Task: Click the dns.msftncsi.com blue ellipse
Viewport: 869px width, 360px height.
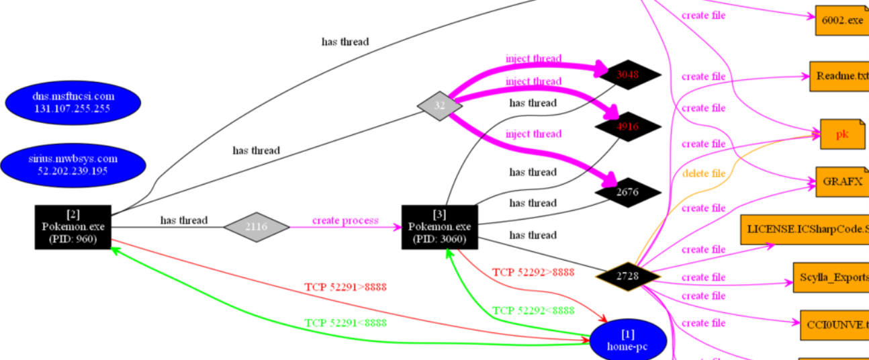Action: coord(73,102)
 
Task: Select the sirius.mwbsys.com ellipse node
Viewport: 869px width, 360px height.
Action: coord(73,165)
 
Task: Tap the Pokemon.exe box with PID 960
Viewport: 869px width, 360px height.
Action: coord(73,227)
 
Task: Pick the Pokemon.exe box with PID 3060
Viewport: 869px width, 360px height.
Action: coord(440,227)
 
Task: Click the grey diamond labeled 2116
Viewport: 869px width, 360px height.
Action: coord(256,227)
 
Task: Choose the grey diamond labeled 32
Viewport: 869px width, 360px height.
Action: coord(440,105)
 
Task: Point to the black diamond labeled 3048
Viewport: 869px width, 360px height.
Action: coord(627,75)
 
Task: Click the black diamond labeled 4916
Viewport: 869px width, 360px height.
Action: coord(627,126)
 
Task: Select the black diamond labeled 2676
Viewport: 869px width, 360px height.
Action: coord(627,193)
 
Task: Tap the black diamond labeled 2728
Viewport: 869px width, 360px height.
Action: coord(627,275)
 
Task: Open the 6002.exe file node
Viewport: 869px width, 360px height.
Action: coord(841,20)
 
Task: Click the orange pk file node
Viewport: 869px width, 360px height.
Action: coord(841,134)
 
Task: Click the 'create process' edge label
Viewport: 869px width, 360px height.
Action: coord(345,220)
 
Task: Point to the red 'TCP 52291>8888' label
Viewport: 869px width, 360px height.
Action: coord(346,287)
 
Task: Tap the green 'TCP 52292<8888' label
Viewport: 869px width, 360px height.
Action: coord(533,310)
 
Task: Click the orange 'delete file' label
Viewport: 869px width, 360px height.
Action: coord(704,174)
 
